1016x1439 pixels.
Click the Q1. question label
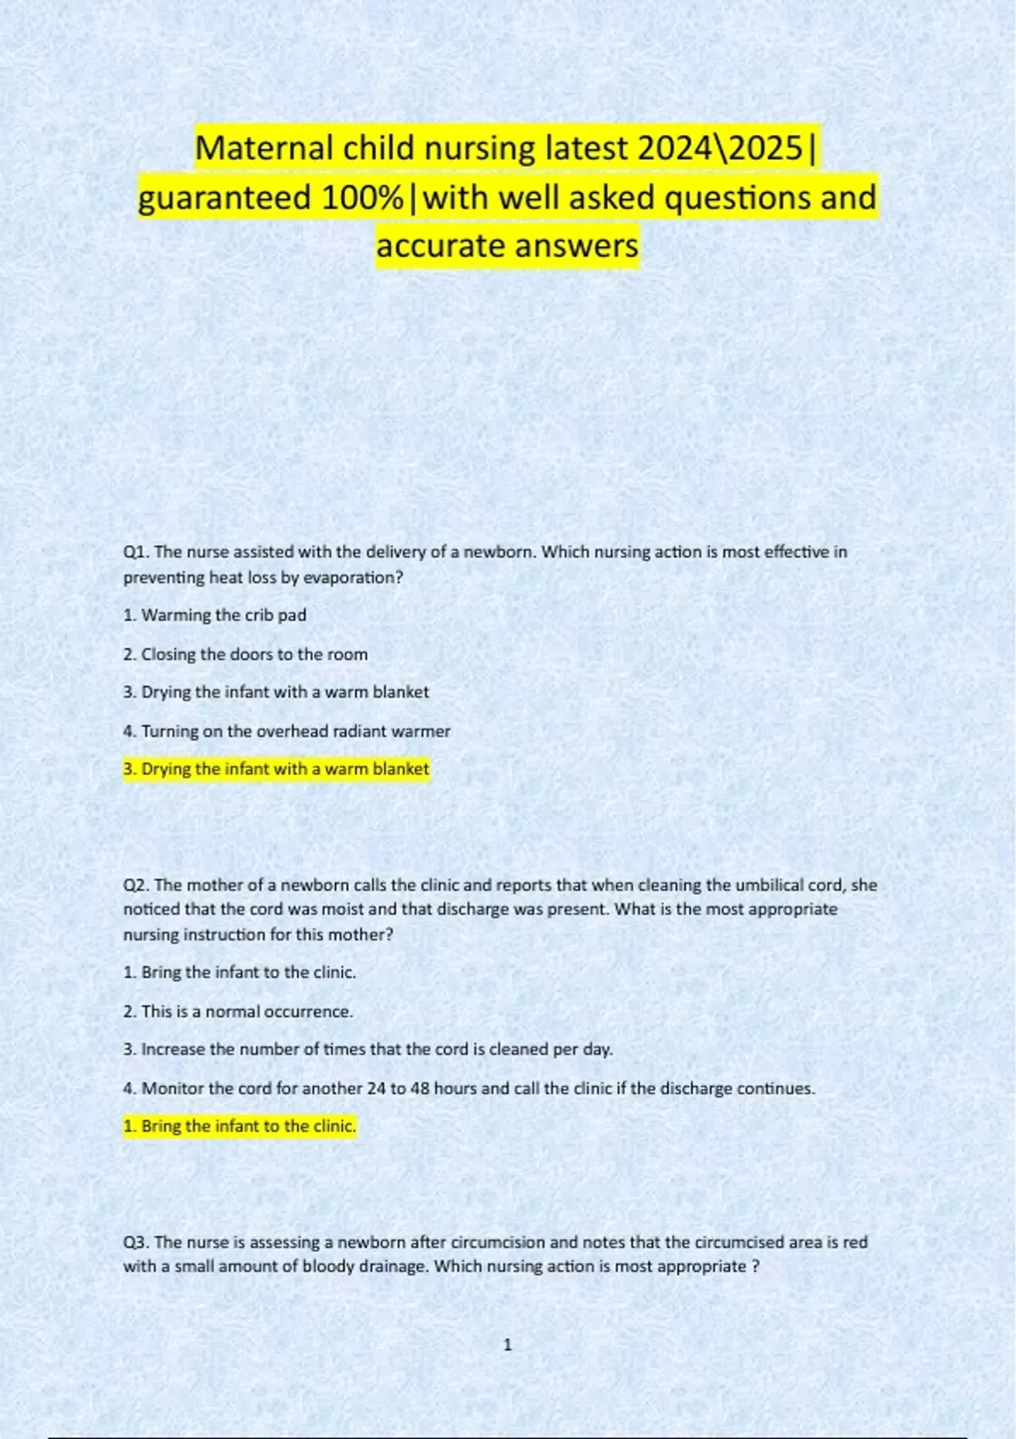(x=136, y=552)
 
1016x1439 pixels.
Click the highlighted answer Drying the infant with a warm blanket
(x=276, y=769)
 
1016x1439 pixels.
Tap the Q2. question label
(x=136, y=885)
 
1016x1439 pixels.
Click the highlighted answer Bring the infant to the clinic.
(x=240, y=1127)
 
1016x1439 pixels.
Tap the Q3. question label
(x=136, y=1243)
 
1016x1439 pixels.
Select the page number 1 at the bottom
(x=507, y=1345)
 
